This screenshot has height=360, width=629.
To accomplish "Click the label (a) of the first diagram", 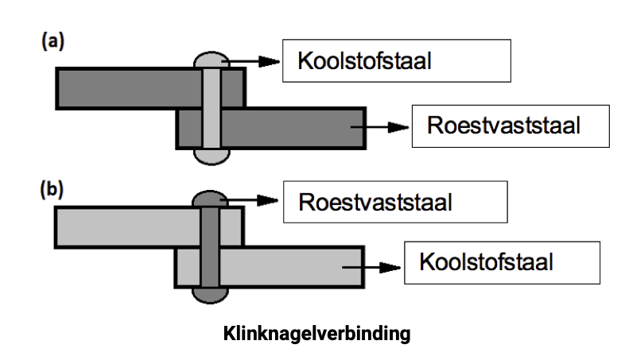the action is (x=52, y=41).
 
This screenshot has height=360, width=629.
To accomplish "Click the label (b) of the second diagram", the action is (x=52, y=189).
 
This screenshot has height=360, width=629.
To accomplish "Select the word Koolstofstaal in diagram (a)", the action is (x=364, y=61).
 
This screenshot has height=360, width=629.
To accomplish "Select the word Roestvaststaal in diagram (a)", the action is (x=503, y=125).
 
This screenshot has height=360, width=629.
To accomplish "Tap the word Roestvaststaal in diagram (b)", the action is (x=375, y=202).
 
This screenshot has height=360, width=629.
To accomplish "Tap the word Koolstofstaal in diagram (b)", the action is (x=486, y=261).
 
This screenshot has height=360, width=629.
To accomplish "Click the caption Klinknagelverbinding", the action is (x=317, y=334).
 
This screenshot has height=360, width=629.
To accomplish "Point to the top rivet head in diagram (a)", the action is (x=212, y=60).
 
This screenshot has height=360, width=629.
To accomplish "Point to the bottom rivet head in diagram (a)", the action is (x=212, y=157).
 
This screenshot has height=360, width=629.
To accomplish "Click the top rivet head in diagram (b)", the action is (x=210, y=199).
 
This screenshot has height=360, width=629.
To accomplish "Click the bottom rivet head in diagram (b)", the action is (x=210, y=296).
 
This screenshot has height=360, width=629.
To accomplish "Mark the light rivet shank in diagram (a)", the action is (x=212, y=109).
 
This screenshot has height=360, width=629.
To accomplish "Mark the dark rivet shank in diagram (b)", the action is (x=210, y=247).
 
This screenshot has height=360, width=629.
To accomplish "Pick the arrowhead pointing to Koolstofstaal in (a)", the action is (x=269, y=61).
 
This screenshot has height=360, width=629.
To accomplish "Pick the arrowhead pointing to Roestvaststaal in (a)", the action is (x=398, y=127).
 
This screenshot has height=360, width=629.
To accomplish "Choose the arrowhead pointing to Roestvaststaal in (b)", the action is (x=267, y=200).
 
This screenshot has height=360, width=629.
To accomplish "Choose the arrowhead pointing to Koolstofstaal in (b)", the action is (x=390, y=267).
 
